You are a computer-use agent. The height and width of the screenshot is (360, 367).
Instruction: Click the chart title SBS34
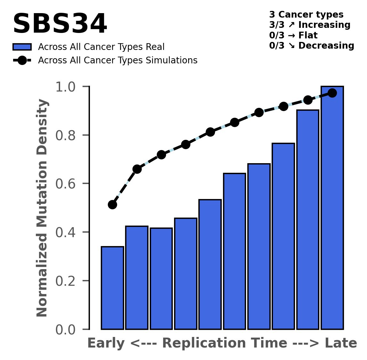coord(60,24)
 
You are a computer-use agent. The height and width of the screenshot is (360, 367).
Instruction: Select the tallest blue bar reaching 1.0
coord(332,208)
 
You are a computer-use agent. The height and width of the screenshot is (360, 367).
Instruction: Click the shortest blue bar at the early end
coord(112,288)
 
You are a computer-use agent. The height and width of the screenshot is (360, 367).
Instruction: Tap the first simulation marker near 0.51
coord(112,204)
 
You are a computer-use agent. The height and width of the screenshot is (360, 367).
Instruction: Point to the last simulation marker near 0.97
coord(332,93)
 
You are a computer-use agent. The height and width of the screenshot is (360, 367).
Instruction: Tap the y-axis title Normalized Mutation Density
coord(42,208)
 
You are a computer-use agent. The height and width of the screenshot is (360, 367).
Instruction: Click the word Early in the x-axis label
coord(106,343)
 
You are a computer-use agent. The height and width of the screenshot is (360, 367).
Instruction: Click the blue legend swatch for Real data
coord(22,47)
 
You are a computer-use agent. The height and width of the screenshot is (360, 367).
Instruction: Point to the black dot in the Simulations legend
coord(22,60)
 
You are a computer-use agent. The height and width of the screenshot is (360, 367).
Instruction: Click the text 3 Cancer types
coord(306,15)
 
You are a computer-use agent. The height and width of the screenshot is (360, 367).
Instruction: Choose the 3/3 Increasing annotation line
coord(310,25)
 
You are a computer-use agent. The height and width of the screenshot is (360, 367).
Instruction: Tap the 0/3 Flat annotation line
coord(293,35)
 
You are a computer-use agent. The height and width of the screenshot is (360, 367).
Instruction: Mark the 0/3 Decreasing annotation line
coord(312,45)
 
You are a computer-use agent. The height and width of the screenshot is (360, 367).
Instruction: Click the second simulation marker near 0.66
coord(137,169)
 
